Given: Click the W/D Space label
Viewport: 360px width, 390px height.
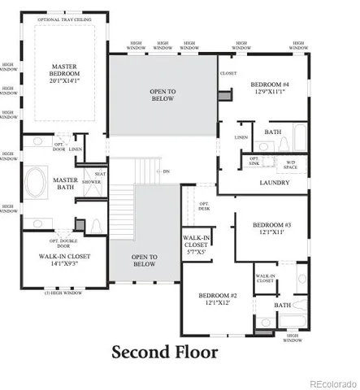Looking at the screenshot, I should (x=291, y=164).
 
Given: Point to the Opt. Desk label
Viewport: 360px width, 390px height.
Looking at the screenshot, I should (x=203, y=207).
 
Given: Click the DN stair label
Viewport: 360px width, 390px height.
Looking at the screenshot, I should (x=166, y=171).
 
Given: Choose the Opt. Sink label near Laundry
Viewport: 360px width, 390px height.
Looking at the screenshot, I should (x=254, y=162).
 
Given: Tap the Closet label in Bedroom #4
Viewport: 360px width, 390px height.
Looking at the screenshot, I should (x=228, y=73).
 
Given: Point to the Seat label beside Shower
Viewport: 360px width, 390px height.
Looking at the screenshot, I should (x=101, y=174).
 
